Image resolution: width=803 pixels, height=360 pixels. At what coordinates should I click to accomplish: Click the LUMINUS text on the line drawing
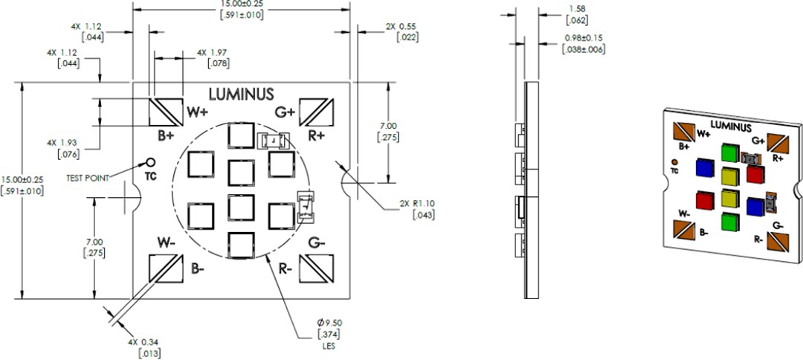click(x=241, y=94)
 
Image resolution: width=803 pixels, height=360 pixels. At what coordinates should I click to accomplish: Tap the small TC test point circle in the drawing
click(x=150, y=162)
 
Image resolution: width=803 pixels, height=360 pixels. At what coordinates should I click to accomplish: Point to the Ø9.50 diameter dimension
click(x=329, y=322)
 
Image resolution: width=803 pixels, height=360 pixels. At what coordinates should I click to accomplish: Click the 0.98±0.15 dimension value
click(x=584, y=37)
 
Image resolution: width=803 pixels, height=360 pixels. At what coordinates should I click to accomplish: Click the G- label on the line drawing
click(x=317, y=242)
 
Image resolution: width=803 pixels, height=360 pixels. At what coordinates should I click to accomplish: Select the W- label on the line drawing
click(x=166, y=242)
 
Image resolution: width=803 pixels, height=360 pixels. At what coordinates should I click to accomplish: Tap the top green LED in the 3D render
click(x=729, y=152)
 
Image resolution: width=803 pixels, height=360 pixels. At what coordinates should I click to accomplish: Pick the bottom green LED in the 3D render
click(x=731, y=222)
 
